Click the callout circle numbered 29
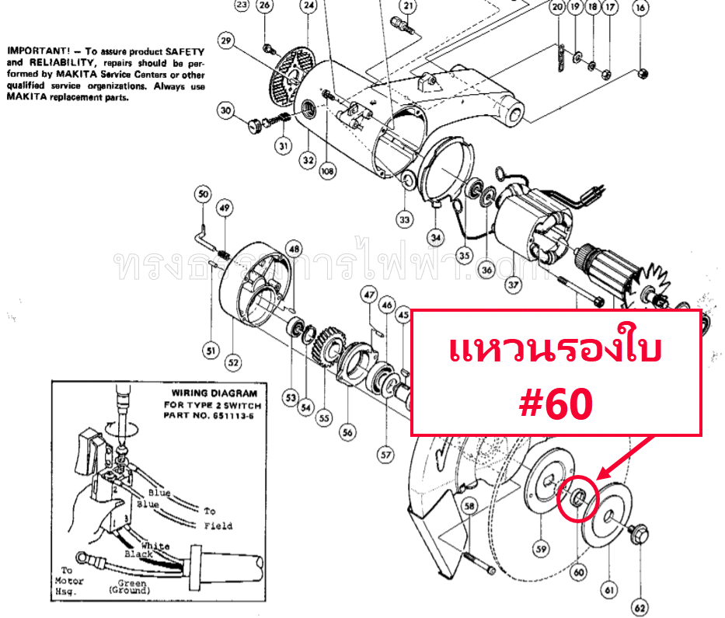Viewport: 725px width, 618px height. (226, 40)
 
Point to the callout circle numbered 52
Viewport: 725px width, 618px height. (234, 362)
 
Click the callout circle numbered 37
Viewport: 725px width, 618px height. (513, 285)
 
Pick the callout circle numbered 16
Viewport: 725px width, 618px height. (640, 9)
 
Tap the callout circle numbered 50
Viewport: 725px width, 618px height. (204, 194)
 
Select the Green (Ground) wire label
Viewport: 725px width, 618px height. (131, 588)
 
